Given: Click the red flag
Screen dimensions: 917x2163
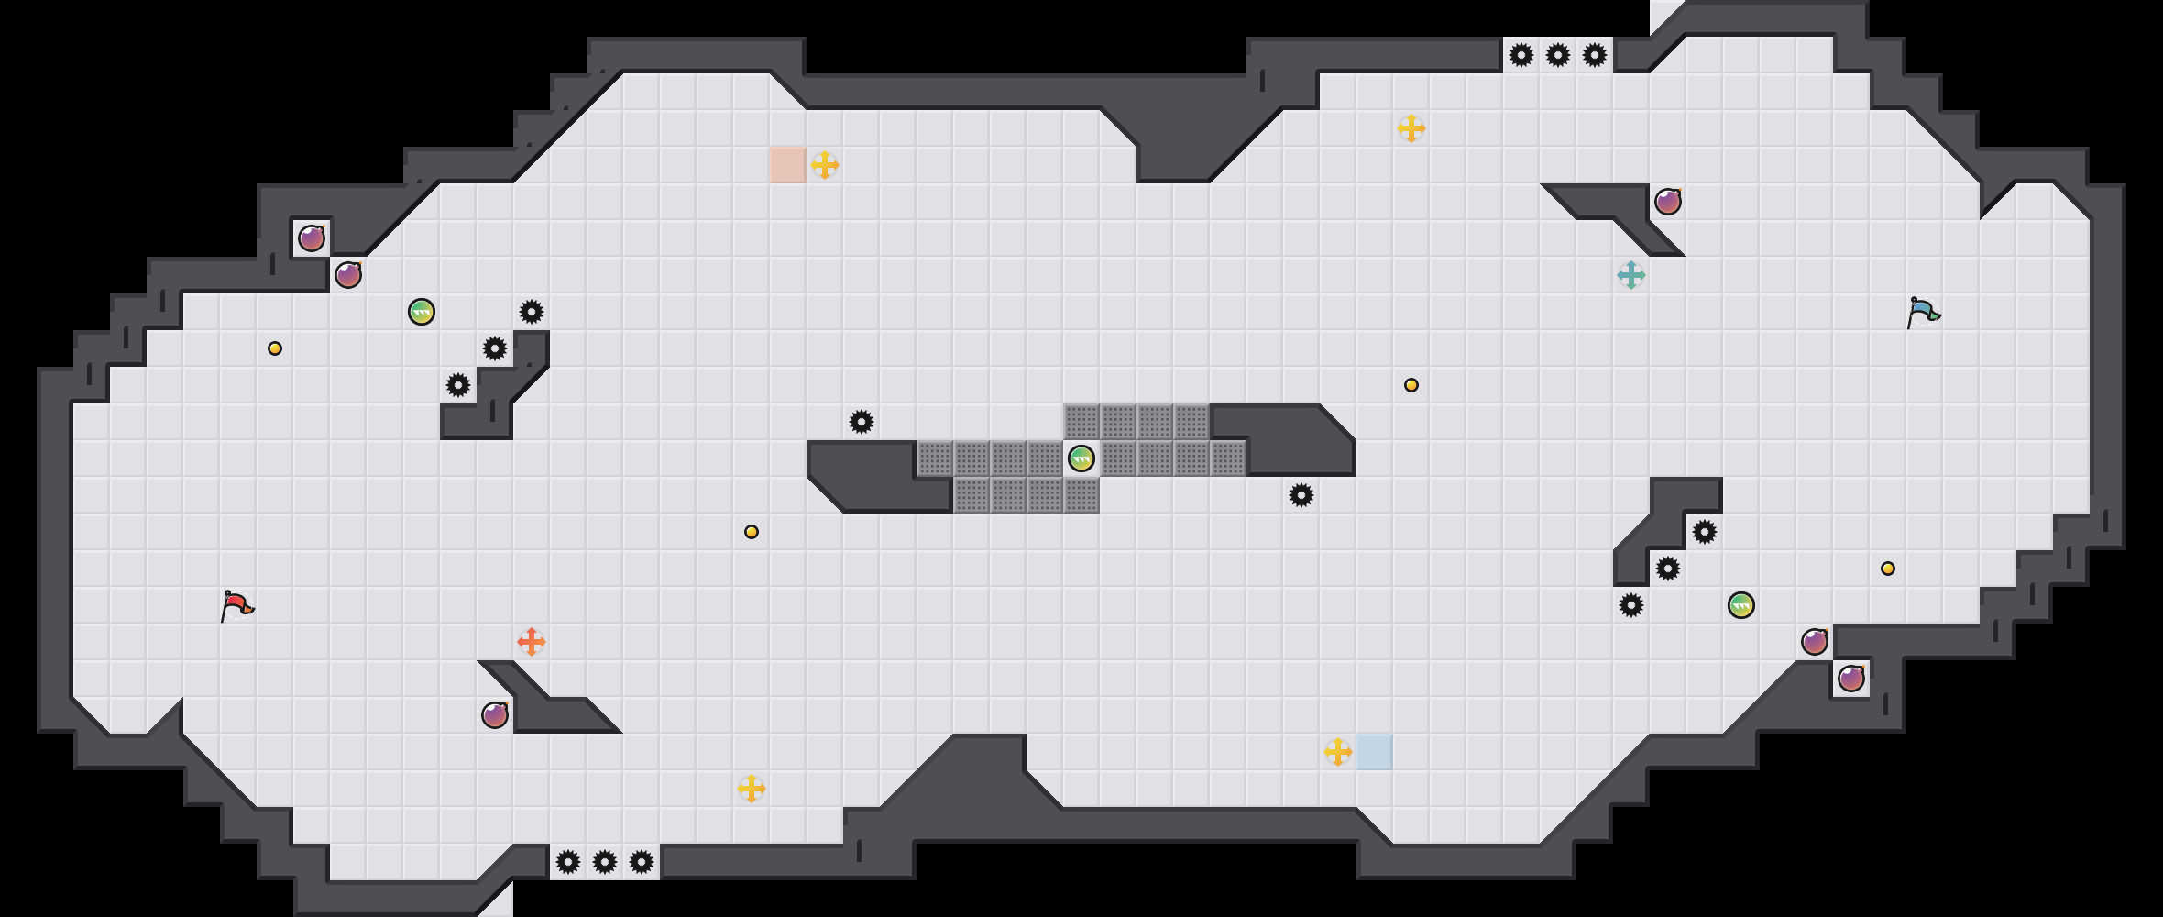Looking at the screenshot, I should [236, 605].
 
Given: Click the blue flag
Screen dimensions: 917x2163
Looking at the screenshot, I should [1922, 312].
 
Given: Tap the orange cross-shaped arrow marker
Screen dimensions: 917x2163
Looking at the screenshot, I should [532, 642].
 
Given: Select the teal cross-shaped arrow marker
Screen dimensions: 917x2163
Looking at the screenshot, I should [1631, 275].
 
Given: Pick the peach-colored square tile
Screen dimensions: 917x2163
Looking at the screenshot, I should [788, 165].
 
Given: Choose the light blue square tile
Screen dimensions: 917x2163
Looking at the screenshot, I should [1375, 752].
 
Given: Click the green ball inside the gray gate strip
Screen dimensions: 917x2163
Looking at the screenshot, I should [1081, 458].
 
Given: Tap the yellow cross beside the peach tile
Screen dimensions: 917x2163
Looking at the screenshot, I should [825, 165].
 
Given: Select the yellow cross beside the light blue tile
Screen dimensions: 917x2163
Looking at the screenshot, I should [1338, 752].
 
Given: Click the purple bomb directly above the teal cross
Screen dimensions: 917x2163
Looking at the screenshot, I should [1668, 202].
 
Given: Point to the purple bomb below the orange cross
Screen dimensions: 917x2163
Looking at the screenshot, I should [495, 715].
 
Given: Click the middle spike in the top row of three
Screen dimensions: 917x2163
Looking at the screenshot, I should [1558, 55].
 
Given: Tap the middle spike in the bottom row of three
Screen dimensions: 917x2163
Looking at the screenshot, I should [605, 862].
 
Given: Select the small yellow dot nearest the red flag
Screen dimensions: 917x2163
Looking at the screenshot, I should [275, 348].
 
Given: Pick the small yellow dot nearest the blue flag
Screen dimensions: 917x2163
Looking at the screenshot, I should [1888, 569].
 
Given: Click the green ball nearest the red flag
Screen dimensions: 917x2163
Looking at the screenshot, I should [422, 312].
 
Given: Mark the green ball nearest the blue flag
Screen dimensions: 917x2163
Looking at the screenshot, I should [1741, 605].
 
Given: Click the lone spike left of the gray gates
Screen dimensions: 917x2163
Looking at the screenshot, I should [862, 422].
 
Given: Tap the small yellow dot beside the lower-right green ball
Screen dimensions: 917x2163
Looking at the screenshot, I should [1888, 569].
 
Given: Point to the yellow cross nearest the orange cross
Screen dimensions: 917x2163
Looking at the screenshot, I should [752, 789].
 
